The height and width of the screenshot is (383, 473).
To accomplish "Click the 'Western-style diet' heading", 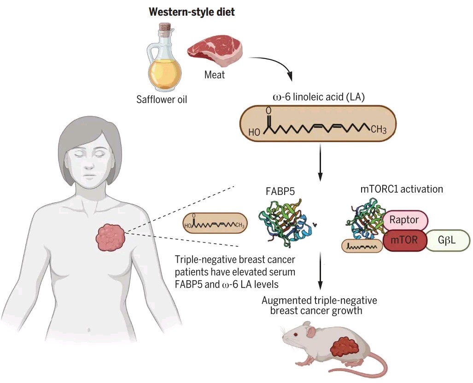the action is coord(192,12).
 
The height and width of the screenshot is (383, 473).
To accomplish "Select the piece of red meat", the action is coord(215,53).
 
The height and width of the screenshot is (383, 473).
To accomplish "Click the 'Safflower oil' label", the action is coord(162,99).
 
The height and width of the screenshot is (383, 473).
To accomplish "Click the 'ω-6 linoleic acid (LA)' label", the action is coord(319,97).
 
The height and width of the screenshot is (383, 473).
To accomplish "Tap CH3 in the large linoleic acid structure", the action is coord(378,130).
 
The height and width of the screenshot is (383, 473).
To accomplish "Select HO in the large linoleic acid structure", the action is coord(254,132).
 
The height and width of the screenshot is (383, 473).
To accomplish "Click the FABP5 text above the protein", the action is coord(280,191).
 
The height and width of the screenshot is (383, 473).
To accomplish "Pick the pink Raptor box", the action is coord(405,220).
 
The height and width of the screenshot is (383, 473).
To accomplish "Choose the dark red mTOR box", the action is coord(404,240).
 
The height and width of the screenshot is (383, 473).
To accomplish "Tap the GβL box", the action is coord(447,240).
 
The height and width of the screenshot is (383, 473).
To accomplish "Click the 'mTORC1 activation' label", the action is coord(402,189).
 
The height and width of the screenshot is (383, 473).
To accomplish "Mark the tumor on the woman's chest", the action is coord(111,237).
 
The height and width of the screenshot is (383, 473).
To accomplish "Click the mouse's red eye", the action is coord(295,334).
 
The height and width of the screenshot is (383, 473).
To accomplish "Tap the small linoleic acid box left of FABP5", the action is coord(215,224).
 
